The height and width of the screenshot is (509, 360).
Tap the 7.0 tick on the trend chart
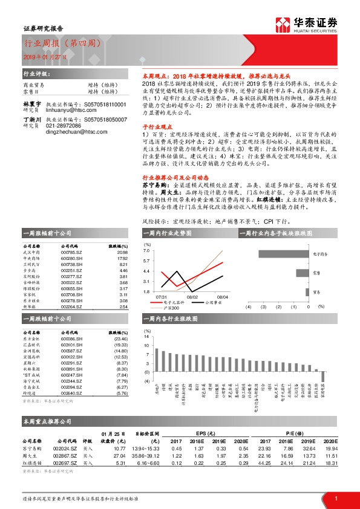146,250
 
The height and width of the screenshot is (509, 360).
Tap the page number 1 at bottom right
335,498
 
